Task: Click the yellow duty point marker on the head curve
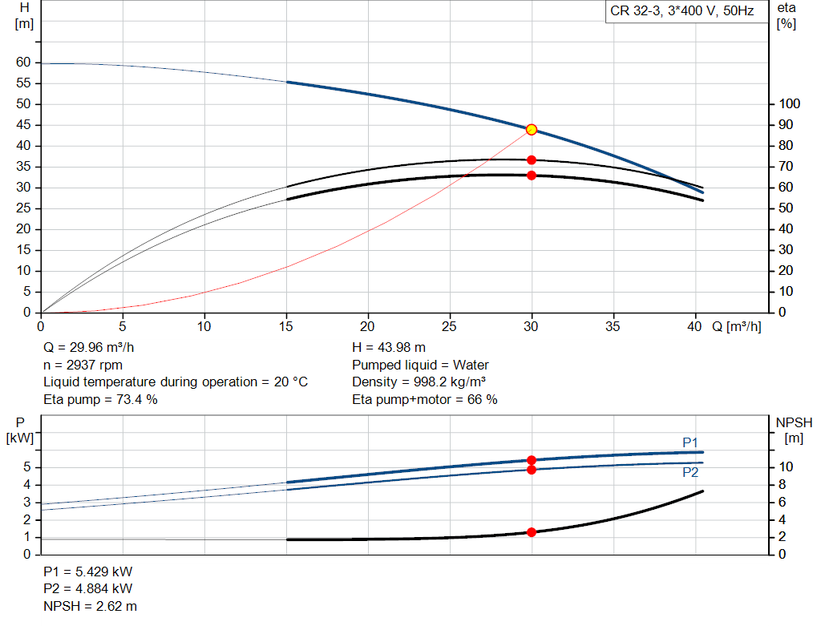(531, 130)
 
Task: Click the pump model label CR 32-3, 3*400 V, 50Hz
(681, 12)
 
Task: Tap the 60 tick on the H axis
(23, 63)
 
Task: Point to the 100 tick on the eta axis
(791, 104)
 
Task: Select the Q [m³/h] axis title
(736, 326)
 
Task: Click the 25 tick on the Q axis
(450, 326)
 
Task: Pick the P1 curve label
(690, 442)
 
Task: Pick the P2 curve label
(690, 473)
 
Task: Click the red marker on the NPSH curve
(531, 532)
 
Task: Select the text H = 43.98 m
(389, 348)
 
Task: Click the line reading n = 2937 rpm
(83, 365)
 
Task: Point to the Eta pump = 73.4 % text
(100, 399)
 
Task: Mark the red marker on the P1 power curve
(531, 460)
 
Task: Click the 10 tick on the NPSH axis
(787, 467)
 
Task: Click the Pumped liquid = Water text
(420, 365)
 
